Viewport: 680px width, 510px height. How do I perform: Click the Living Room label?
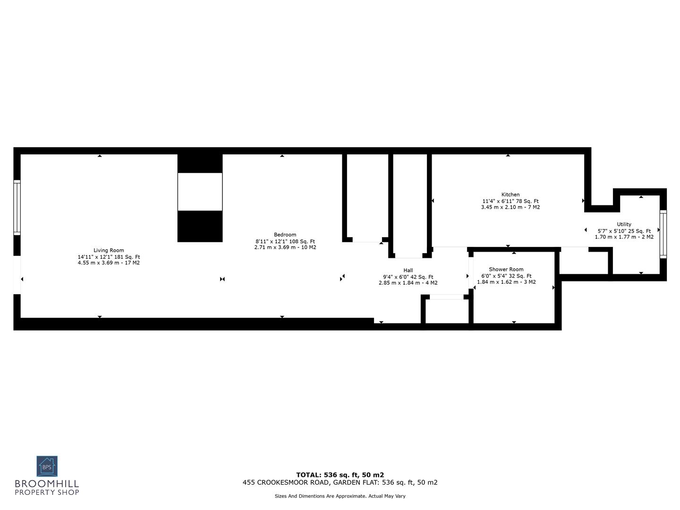[109, 250]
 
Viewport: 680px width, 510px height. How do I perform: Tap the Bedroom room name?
[285, 235]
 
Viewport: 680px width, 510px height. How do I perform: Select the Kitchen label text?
[510, 195]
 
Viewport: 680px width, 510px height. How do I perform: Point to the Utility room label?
[624, 224]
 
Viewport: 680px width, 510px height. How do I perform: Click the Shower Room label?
[506, 269]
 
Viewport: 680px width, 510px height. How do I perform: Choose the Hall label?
[408, 271]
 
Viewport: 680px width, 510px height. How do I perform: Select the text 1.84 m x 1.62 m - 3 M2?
[506, 282]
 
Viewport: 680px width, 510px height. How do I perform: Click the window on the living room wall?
[17, 207]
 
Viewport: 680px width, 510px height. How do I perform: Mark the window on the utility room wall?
[663, 234]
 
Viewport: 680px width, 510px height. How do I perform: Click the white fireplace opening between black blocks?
[200, 192]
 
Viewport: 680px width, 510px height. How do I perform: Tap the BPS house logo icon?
[47, 467]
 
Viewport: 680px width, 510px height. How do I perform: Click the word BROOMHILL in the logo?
[47, 484]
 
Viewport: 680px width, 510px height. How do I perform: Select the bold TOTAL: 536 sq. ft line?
[340, 475]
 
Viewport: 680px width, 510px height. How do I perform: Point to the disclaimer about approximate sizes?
[340, 496]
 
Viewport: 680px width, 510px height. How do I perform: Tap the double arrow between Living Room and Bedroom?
[222, 279]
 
